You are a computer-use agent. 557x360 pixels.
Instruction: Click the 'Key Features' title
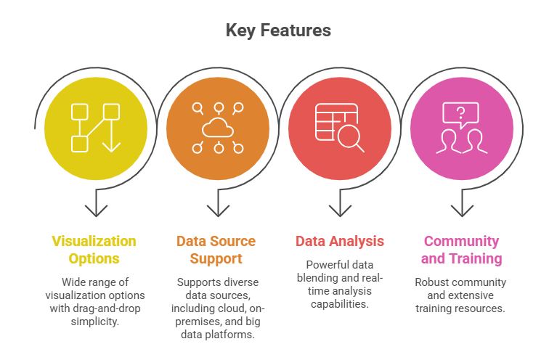(x=278, y=30)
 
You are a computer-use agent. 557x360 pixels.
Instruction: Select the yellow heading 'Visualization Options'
(x=94, y=250)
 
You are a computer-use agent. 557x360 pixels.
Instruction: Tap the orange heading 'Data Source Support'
(x=216, y=250)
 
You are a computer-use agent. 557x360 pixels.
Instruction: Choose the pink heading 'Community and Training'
(x=461, y=250)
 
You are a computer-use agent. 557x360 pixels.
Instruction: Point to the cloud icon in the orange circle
(x=216, y=128)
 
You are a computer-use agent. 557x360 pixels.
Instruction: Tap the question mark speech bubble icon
(x=460, y=113)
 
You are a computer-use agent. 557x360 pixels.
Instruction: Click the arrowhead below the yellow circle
(x=94, y=210)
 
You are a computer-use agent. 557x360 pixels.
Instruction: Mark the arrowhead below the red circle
(x=339, y=210)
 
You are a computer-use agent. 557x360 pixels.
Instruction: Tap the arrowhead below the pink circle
(x=461, y=210)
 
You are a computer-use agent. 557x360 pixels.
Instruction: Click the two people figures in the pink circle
(x=460, y=141)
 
